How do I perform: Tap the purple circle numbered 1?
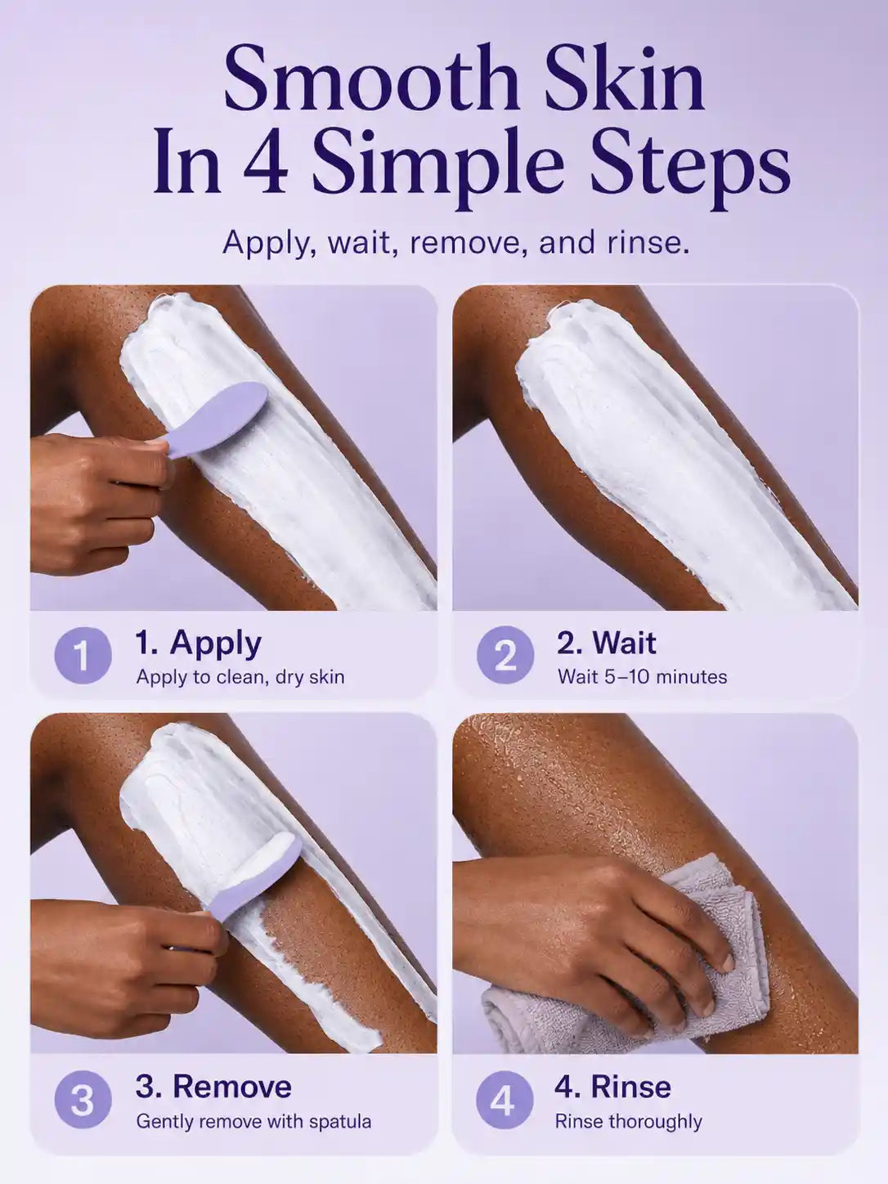point(83,656)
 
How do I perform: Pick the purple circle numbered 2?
point(505,656)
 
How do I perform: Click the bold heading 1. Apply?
point(199,644)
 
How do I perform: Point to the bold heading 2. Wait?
point(607,643)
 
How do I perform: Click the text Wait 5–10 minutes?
point(642,676)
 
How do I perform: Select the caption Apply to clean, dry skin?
point(240,678)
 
